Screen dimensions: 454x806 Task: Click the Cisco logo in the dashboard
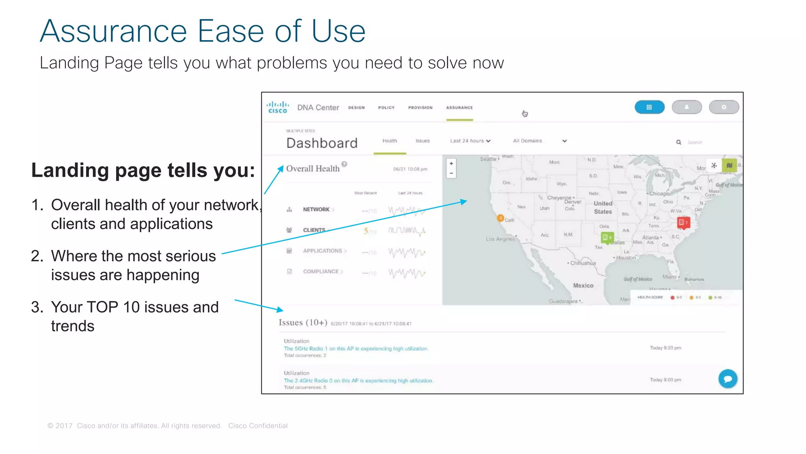tap(277, 107)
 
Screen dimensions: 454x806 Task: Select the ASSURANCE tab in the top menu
tap(459, 108)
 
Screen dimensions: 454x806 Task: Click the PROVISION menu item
tap(420, 108)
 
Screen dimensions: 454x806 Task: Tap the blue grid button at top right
tap(649, 107)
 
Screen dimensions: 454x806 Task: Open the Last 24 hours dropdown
tap(470, 141)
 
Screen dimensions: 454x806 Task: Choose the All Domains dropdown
tap(539, 141)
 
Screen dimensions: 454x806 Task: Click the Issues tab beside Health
tap(422, 141)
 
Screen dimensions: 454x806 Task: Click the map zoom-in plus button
tap(451, 164)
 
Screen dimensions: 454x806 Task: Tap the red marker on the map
tap(683, 223)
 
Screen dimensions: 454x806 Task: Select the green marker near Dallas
tap(607, 238)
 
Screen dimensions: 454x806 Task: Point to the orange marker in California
tap(500, 218)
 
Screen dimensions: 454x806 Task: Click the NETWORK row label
tap(316, 209)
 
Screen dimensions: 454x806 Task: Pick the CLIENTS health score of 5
tap(366, 231)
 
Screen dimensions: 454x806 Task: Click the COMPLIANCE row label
tap(321, 272)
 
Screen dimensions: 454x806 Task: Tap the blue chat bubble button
tap(728, 379)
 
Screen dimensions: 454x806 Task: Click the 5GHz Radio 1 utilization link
tap(356, 349)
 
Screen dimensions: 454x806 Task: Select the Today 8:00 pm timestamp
tap(665, 380)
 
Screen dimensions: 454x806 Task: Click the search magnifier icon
tap(678, 142)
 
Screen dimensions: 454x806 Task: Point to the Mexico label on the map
tap(583, 285)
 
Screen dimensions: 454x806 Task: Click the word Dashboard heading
tap(322, 143)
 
